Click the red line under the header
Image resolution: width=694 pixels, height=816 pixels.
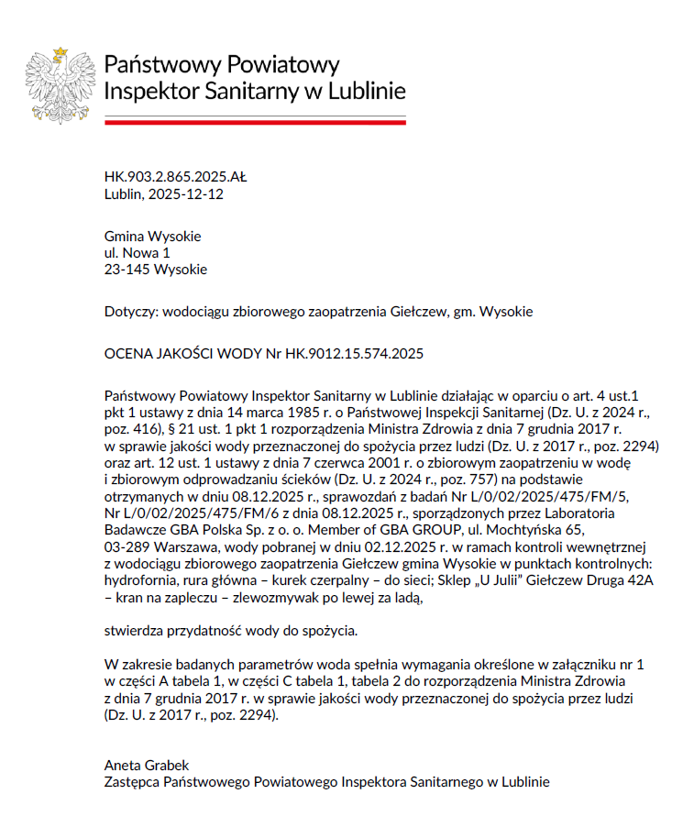255,122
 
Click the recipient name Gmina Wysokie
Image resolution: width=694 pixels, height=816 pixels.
152,237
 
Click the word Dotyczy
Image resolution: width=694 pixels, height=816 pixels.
130,312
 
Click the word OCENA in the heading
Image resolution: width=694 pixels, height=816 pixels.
128,353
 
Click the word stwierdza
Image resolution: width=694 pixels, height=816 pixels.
135,631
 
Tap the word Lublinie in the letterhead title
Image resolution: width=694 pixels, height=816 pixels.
364,92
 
